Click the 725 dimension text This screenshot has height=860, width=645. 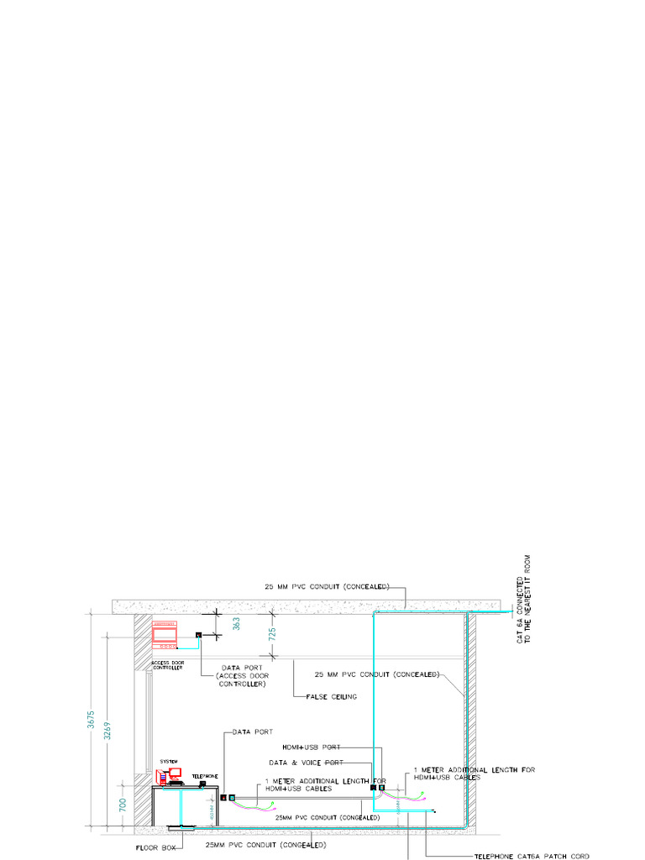pos(271,635)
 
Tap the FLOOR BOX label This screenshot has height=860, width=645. pos(156,848)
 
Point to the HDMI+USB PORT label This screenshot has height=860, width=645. pos(312,747)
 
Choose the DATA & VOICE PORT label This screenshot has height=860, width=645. pos(306,763)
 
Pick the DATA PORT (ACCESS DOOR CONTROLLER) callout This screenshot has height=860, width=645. pos(242,675)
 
